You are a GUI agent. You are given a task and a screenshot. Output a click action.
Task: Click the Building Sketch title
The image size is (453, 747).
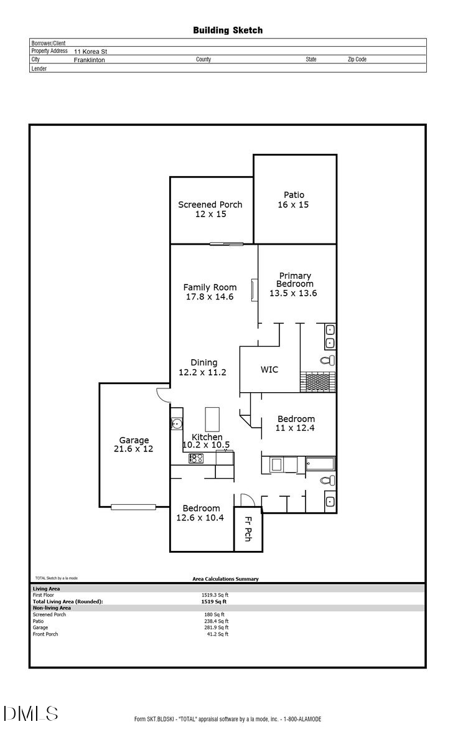tap(228, 30)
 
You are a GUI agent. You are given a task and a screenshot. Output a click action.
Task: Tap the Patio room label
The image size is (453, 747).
tap(294, 200)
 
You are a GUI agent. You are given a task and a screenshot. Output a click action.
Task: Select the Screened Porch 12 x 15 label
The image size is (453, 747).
tap(210, 209)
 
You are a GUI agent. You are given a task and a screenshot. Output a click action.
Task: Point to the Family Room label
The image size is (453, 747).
tap(210, 292)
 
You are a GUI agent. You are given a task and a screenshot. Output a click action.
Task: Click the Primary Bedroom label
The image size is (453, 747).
tap(294, 284)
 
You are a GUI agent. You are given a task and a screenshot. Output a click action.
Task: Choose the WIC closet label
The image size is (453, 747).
tap(269, 370)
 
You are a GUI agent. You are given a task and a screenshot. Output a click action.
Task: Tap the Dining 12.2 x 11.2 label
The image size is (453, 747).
tap(202, 367)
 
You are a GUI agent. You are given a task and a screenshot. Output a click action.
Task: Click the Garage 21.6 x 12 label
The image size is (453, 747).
tap(134, 444)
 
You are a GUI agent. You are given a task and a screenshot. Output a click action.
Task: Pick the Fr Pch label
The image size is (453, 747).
tap(248, 529)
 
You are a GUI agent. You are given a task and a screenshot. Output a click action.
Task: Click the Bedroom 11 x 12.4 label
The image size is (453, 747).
tap(296, 423)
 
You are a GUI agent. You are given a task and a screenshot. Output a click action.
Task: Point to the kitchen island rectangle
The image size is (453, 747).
tap(212, 419)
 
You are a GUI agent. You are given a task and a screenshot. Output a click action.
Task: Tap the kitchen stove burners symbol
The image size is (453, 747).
tap(196, 458)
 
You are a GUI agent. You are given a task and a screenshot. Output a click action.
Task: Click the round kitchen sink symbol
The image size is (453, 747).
tap(176, 424)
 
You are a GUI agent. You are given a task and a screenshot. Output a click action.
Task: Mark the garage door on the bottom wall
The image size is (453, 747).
tap(133, 507)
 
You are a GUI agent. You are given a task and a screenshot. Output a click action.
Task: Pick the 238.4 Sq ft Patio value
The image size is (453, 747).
tap(218, 621)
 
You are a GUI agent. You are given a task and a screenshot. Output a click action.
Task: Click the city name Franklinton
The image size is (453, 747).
tap(89, 60)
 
